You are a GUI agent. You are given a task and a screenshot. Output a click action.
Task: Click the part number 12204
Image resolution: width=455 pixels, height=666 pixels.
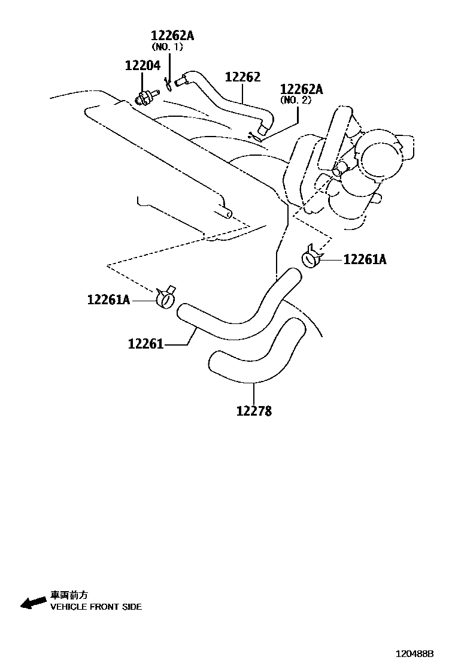[x=142, y=65]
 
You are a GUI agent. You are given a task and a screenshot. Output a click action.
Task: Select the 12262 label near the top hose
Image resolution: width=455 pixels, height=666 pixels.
[x=242, y=77]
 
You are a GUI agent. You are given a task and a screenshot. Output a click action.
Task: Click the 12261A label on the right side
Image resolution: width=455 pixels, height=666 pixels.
[x=365, y=260]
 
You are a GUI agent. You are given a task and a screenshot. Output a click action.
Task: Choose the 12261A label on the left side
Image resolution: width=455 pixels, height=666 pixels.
[x=108, y=299]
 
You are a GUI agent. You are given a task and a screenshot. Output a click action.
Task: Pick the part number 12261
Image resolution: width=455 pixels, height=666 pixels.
[x=145, y=344]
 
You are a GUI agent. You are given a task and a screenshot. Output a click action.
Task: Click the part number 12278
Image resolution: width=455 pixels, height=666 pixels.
[x=254, y=411]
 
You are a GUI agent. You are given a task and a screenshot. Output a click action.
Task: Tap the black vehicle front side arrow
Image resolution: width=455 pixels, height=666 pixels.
[x=33, y=601]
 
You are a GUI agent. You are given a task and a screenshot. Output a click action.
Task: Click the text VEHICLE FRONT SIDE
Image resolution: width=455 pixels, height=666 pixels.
[x=96, y=607]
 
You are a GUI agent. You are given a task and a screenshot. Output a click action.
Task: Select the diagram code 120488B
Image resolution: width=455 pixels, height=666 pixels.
[x=413, y=654]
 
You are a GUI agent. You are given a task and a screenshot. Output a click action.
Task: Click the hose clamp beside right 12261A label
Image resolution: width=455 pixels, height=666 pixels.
[x=312, y=258]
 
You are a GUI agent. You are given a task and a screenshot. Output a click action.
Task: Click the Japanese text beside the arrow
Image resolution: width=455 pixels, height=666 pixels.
[x=69, y=595]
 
